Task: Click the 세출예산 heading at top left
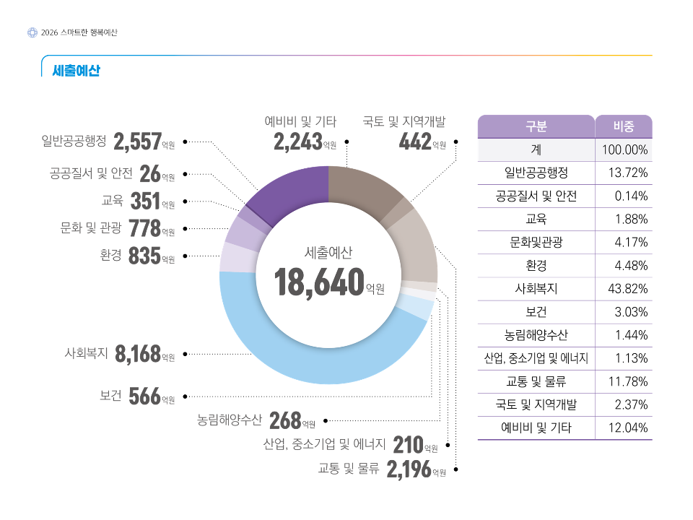pos(76,71)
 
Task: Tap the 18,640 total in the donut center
pos(318,282)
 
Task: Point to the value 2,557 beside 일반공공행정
pos(137,142)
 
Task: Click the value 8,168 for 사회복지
pos(137,354)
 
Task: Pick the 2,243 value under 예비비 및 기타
pos(297,142)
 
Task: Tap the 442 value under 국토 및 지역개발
pos(415,142)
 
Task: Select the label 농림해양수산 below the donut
pos(230,420)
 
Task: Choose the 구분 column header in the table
pos(536,126)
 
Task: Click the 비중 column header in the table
pos(624,126)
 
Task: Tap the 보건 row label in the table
pos(536,312)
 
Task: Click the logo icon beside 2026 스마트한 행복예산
pos(32,32)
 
